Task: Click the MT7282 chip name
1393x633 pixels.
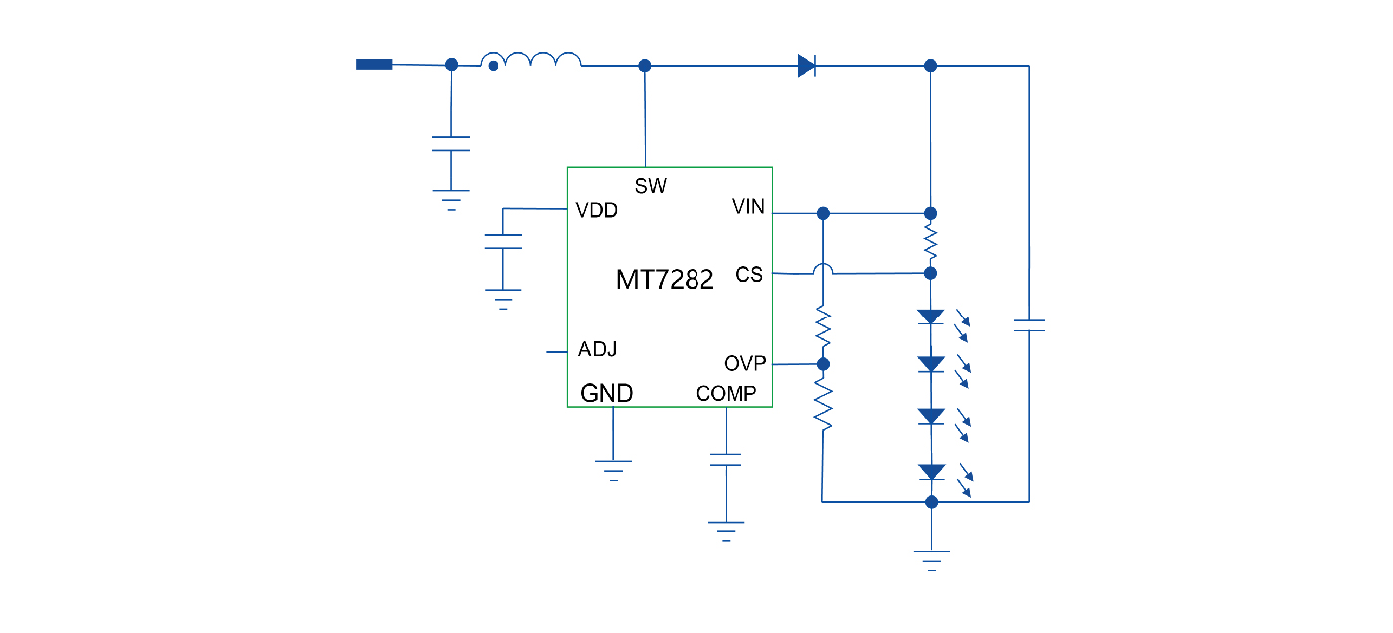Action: tap(665, 280)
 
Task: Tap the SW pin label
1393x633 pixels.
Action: tap(650, 186)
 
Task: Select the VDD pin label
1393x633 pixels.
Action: tap(596, 211)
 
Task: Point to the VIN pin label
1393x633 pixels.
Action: tap(748, 207)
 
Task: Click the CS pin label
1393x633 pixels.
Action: tap(749, 274)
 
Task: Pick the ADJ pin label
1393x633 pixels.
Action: tap(597, 350)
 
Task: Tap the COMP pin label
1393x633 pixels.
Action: tap(725, 394)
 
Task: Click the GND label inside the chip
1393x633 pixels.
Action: tap(606, 394)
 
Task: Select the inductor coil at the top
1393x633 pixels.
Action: tap(531, 62)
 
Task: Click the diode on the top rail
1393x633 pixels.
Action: tap(807, 66)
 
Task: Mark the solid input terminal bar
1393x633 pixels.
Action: tap(374, 65)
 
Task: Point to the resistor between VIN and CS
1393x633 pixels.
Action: tap(931, 242)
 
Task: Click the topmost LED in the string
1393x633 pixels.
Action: tap(931, 317)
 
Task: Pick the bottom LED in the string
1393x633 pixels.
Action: tap(931, 472)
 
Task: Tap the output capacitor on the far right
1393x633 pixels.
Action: tap(1028, 325)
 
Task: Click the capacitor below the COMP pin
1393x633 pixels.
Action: tap(726, 460)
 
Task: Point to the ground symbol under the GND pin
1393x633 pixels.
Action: tap(613, 469)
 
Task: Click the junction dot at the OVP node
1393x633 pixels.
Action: tap(823, 364)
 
